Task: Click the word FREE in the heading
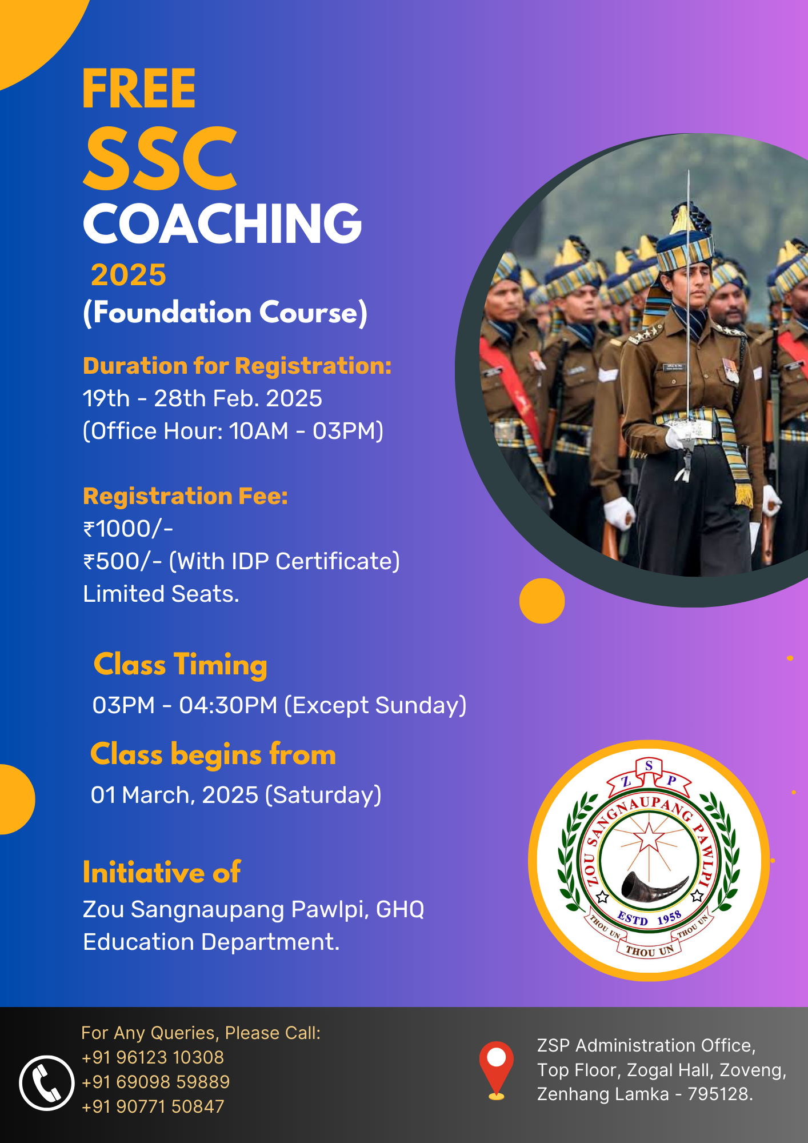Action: pyautogui.click(x=139, y=89)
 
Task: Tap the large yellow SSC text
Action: pyautogui.click(x=161, y=158)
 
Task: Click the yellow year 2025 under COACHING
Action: pyautogui.click(x=129, y=275)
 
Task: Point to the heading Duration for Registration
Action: pyautogui.click(x=237, y=366)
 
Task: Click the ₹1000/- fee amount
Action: pyautogui.click(x=128, y=529)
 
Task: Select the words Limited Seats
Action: pyautogui.click(x=161, y=594)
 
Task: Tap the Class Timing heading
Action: pyautogui.click(x=181, y=665)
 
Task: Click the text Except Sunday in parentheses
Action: pyautogui.click(x=375, y=705)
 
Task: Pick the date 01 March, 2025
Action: pyautogui.click(x=175, y=795)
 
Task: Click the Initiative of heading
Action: pyautogui.click(x=162, y=873)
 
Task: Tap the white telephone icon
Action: pyautogui.click(x=47, y=1083)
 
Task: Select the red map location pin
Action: pyautogui.click(x=496, y=1070)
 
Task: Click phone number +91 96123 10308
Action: pyautogui.click(x=153, y=1057)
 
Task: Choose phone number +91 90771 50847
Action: pyautogui.click(x=153, y=1106)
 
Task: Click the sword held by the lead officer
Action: pyautogui.click(x=688, y=320)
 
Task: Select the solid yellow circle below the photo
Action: pyautogui.click(x=542, y=601)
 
